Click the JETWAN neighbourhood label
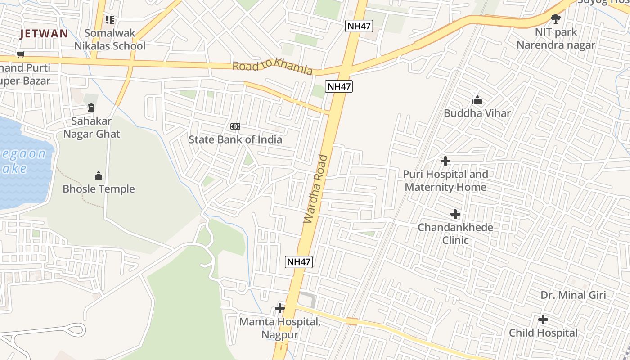[44, 33]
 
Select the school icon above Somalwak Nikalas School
[110, 20]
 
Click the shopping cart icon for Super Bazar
[20, 55]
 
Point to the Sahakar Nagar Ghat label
[92, 127]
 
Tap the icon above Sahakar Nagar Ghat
[91, 108]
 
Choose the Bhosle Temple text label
[99, 189]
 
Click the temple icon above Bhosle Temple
[99, 175]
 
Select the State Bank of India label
[235, 139]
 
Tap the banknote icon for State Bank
[235, 126]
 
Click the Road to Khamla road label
[272, 67]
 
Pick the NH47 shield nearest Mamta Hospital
[299, 261]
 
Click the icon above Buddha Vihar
[477, 100]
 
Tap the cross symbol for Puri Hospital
[445, 161]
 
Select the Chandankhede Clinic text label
[455, 234]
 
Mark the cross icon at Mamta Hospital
[280, 308]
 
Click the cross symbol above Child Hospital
[543, 319]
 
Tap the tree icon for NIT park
[556, 19]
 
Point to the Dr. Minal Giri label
[573, 295]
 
